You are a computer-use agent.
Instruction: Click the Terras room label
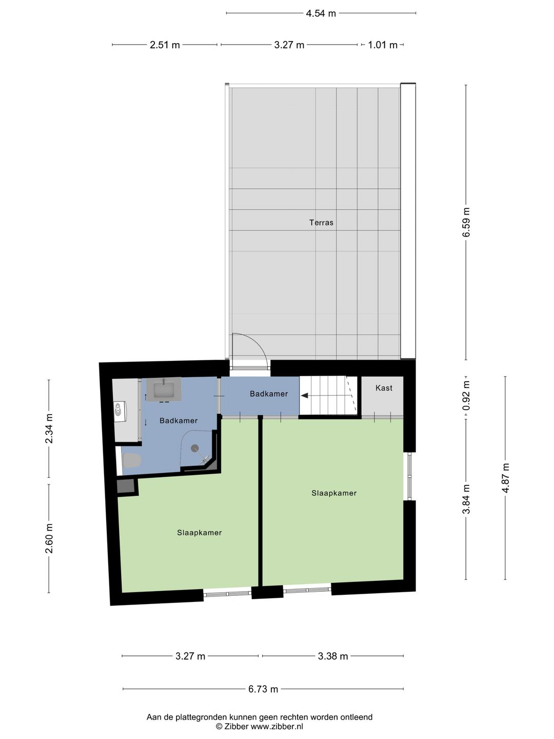(x=321, y=222)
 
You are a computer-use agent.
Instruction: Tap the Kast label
(x=384, y=388)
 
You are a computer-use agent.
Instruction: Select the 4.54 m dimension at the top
(x=321, y=13)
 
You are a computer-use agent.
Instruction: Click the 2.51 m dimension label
(x=165, y=45)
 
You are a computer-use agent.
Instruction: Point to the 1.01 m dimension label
(x=383, y=45)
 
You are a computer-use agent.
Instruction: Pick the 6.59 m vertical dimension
(x=466, y=222)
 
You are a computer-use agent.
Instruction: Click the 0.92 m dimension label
(x=466, y=395)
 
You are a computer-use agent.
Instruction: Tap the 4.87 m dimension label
(x=506, y=478)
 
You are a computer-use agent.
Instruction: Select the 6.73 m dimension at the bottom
(x=263, y=689)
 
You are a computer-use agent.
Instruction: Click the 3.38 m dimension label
(x=333, y=656)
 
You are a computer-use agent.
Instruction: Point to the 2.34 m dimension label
(x=49, y=429)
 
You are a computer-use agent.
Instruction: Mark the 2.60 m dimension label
(x=49, y=539)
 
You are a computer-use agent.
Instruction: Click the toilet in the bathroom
(x=132, y=460)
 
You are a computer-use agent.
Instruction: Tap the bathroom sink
(x=164, y=389)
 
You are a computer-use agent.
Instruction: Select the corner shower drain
(x=195, y=448)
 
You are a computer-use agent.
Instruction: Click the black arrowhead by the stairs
(x=305, y=396)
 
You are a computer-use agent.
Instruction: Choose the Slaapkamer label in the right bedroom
(x=334, y=493)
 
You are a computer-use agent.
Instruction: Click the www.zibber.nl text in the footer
(x=277, y=726)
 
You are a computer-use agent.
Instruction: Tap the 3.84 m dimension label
(x=466, y=499)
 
